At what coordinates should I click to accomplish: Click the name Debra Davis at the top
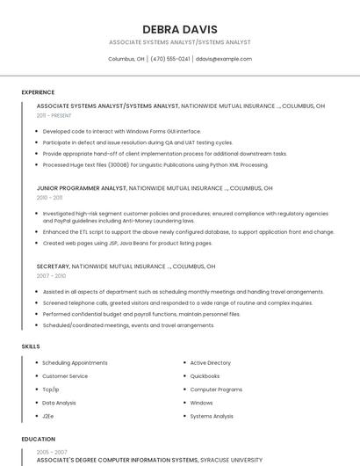click(179, 29)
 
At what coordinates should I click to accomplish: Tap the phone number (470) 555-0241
click(170, 59)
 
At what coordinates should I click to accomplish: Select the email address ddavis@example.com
click(224, 59)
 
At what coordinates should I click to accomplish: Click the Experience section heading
click(38, 92)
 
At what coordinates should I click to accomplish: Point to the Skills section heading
click(31, 346)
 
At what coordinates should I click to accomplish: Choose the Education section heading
click(38, 439)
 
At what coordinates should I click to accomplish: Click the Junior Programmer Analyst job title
click(82, 187)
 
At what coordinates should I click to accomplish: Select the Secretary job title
click(53, 266)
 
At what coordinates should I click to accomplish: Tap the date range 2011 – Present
click(54, 115)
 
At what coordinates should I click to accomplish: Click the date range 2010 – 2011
click(49, 197)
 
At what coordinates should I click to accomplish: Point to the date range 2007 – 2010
click(50, 275)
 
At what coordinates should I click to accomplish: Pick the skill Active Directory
click(210, 362)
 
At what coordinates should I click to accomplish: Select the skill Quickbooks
click(205, 375)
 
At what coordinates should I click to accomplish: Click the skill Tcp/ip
click(51, 389)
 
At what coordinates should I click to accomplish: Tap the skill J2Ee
click(47, 416)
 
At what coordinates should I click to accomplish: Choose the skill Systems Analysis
click(212, 416)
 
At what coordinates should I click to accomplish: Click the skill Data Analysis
click(59, 403)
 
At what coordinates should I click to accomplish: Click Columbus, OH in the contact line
click(126, 59)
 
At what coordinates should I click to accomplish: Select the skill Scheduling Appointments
click(75, 362)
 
